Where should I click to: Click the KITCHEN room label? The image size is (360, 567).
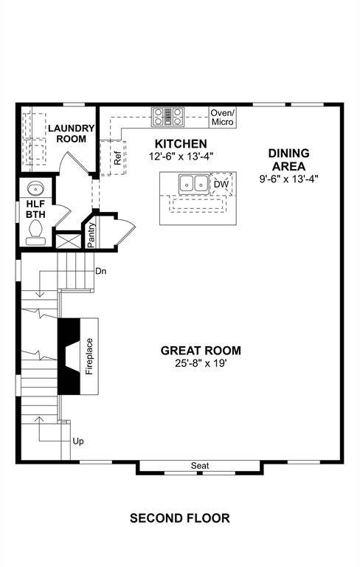tap(181, 143)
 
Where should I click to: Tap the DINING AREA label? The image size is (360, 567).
tap(288, 159)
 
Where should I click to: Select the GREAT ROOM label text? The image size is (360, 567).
tap(201, 351)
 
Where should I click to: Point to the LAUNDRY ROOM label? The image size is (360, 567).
tap(72, 134)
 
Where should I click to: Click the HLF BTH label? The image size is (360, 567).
tap(36, 209)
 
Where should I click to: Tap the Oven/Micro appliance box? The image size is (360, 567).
tap(222, 117)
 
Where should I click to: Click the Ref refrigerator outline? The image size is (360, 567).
tap(113, 158)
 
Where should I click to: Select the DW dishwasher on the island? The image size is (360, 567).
tap(221, 184)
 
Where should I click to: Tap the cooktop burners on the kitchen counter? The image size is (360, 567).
tap(167, 117)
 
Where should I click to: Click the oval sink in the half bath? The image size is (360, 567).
tap(36, 189)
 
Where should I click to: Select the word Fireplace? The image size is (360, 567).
tap(89, 356)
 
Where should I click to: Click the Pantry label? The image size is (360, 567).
tap(91, 235)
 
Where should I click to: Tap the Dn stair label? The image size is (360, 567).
tap(101, 270)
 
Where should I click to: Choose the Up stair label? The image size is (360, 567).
tap(78, 441)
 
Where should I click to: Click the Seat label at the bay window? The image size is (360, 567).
tap(200, 465)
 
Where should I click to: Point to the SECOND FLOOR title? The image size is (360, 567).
tap(180, 518)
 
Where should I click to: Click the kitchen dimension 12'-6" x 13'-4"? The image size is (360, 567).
tap(181, 157)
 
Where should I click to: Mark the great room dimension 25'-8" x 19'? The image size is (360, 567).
tap(201, 363)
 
